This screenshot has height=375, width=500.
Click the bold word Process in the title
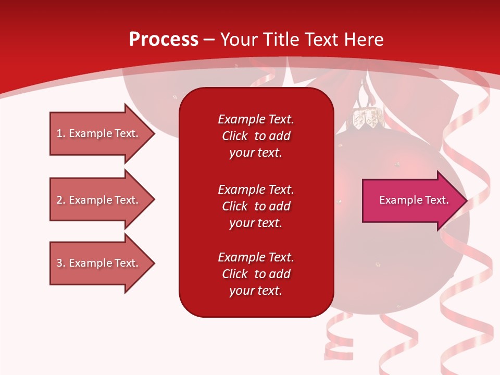(x=164, y=40)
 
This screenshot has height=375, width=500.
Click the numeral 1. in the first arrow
(x=61, y=133)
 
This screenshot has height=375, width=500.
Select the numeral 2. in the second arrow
(x=61, y=200)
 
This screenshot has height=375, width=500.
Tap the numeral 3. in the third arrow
(x=61, y=263)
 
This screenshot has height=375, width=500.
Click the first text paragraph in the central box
(x=256, y=136)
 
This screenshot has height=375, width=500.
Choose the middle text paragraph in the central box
(x=256, y=206)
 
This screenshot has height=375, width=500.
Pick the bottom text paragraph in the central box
(x=256, y=274)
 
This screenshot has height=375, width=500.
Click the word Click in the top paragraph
(x=234, y=136)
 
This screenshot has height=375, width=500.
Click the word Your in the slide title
(x=239, y=40)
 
